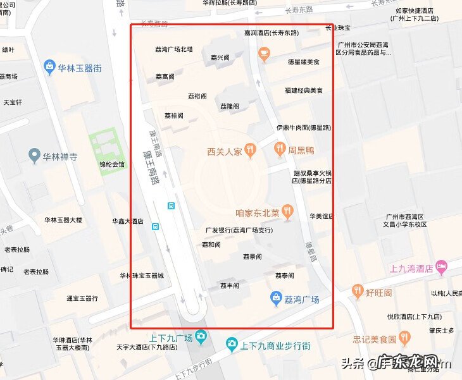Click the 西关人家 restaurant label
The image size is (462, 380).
coord(224,151)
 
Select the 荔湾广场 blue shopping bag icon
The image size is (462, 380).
coord(276,298)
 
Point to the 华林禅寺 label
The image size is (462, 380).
coord(59,156)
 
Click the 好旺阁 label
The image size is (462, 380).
coord(379,293)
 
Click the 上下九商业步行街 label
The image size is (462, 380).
coord(275,346)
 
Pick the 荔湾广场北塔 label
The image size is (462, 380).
coord(173,49)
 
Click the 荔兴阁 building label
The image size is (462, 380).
coord(221,58)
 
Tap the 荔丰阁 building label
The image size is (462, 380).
coord(229,286)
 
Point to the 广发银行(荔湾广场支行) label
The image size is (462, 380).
coord(244,230)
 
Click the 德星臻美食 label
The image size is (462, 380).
coord(304,63)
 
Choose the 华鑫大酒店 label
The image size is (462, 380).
coord(127,221)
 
